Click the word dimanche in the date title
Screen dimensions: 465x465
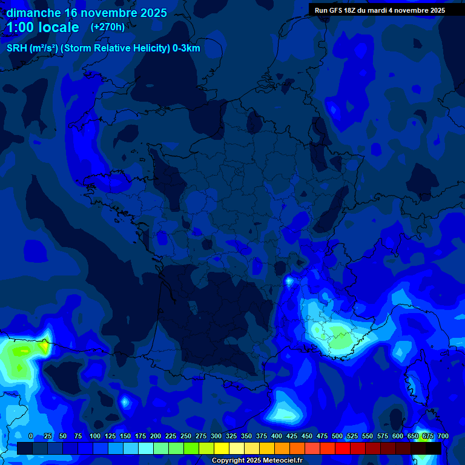click(x=33, y=13)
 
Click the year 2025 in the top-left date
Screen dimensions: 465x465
click(x=153, y=13)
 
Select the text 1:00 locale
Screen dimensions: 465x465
click(x=42, y=28)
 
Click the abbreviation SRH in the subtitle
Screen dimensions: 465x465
click(x=17, y=48)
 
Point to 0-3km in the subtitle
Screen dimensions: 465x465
click(x=186, y=48)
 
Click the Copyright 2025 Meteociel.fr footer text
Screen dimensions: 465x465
click(x=257, y=461)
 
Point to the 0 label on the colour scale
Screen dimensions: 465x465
click(x=31, y=437)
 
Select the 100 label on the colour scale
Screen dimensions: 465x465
click(x=95, y=437)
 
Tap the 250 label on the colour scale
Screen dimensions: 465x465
click(x=186, y=437)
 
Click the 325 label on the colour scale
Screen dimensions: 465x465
click(x=231, y=437)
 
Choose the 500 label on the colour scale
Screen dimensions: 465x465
click(x=337, y=437)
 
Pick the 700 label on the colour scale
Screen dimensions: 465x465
click(x=443, y=437)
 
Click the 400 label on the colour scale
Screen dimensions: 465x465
click(x=277, y=437)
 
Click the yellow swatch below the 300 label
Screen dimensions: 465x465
click(x=222, y=448)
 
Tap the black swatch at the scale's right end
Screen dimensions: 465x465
click(x=434, y=448)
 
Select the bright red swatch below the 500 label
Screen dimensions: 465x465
click(x=343, y=448)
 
